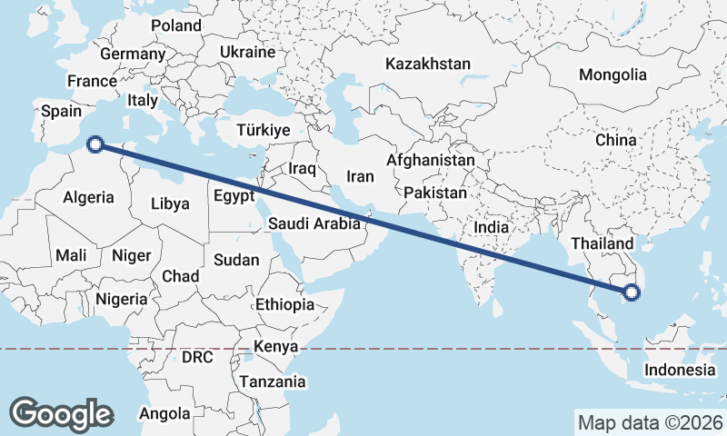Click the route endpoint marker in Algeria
pyautogui.click(x=95, y=143)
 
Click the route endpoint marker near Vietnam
pyautogui.click(x=632, y=292)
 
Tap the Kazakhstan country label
pyautogui.click(x=427, y=64)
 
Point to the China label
pyautogui.click(x=616, y=141)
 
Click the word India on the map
pyautogui.click(x=492, y=227)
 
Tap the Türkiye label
pyautogui.click(x=263, y=131)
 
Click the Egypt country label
pyautogui.click(x=234, y=196)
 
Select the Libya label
pyautogui.click(x=170, y=203)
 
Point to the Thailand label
pyautogui.click(x=602, y=244)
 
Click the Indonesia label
pyautogui.click(x=680, y=370)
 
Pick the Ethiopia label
pyautogui.click(x=284, y=304)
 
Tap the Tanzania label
pyautogui.click(x=273, y=381)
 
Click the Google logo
pyautogui.click(x=61, y=413)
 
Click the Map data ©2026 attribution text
pyautogui.click(x=650, y=422)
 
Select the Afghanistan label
pyautogui.click(x=430, y=161)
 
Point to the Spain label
pyautogui.click(x=62, y=112)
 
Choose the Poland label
pyautogui.click(x=175, y=26)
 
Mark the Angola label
pyautogui.click(x=164, y=414)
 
